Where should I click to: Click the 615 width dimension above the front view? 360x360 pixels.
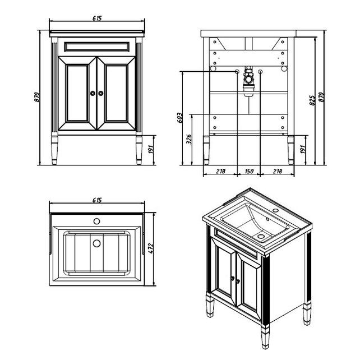click(97, 18)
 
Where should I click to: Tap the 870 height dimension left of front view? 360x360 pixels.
click(37, 97)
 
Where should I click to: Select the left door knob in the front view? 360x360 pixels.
click(93, 93)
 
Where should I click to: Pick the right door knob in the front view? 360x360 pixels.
click(101, 93)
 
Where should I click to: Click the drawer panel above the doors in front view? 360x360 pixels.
click(96, 47)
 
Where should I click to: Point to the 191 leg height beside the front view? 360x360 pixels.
click(151, 150)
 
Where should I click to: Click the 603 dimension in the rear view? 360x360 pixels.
click(180, 118)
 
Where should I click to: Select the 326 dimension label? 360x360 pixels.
click(189, 139)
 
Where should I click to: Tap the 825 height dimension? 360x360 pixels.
click(312, 100)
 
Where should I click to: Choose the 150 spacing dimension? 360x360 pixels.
click(249, 171)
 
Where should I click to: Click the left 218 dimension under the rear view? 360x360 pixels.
click(220, 171)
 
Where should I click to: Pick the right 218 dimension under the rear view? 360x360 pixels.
click(278, 171)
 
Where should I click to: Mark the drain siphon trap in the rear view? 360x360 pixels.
click(248, 81)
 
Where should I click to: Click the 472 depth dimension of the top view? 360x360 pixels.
click(151, 248)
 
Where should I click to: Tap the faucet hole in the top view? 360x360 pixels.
click(96, 221)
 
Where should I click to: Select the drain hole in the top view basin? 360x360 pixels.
click(96, 243)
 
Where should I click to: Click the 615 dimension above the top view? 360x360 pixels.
click(97, 200)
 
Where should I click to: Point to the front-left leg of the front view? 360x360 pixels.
click(54, 150)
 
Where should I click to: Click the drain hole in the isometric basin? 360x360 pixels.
click(261, 236)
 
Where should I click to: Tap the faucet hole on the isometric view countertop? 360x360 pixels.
click(275, 210)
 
